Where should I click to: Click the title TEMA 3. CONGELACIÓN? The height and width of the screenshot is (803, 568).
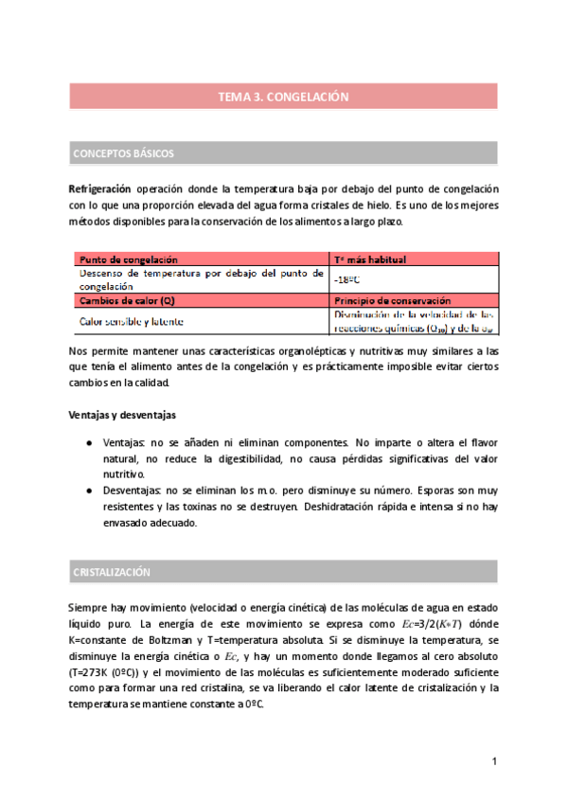pyautogui.click(x=284, y=97)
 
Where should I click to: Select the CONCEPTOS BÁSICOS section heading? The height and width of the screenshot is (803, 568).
pyautogui.click(x=123, y=153)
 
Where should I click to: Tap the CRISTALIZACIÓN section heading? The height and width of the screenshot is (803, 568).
pyautogui.click(x=112, y=573)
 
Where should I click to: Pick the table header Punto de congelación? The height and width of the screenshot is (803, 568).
pyautogui.click(x=129, y=259)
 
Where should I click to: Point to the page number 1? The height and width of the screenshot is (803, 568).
pyautogui.click(x=494, y=761)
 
